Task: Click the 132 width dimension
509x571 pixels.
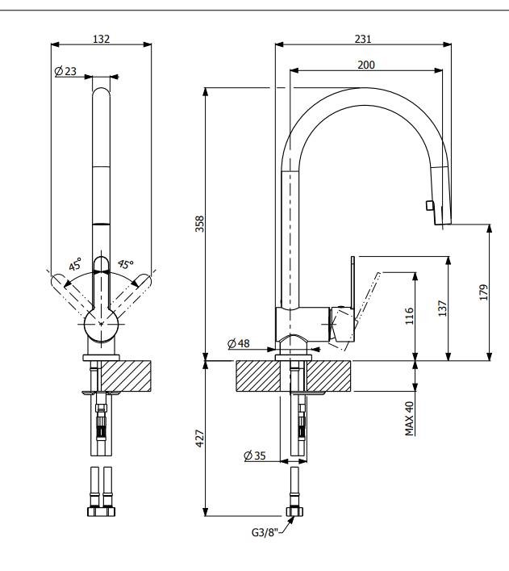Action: (101, 38)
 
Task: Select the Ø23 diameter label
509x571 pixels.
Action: (65, 72)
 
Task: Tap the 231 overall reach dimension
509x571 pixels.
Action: (363, 38)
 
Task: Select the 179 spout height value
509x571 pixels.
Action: (482, 292)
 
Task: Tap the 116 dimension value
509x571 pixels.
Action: (409, 316)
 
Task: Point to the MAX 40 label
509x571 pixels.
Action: (409, 418)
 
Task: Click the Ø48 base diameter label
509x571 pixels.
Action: (239, 343)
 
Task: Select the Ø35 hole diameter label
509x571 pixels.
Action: (255, 456)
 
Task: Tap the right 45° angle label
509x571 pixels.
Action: (125, 264)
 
